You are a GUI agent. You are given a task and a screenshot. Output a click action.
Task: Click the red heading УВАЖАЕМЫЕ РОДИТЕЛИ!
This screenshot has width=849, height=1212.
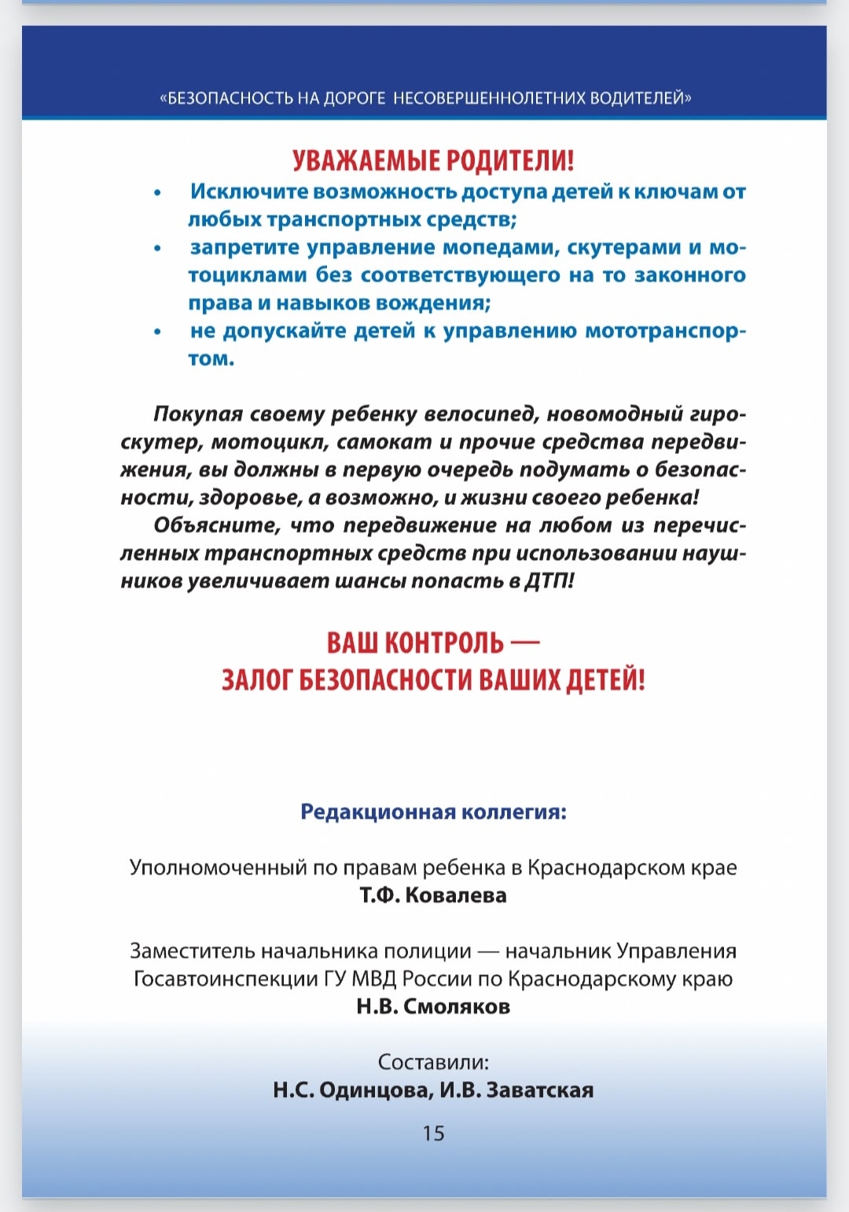[x=433, y=160]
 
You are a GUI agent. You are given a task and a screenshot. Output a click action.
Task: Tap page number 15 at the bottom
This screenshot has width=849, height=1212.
[x=433, y=1133]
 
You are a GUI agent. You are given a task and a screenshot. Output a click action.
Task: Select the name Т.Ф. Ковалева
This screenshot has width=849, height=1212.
[x=433, y=895]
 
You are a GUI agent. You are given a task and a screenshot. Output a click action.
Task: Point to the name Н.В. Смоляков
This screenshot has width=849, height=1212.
[x=433, y=1006]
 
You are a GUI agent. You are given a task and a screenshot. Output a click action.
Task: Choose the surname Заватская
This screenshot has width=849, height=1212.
[x=539, y=1090]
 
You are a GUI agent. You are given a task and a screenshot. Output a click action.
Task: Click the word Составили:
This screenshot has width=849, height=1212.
[x=433, y=1063]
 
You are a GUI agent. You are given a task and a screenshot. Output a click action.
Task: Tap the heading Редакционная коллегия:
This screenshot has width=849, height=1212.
[x=433, y=812]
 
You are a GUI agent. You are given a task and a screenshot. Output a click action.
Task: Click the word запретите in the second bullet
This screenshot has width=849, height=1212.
[x=244, y=248]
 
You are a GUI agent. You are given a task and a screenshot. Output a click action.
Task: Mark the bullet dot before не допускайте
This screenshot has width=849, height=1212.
[x=158, y=332]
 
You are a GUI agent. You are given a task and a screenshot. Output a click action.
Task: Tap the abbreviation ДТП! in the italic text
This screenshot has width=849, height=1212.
[x=549, y=581]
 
